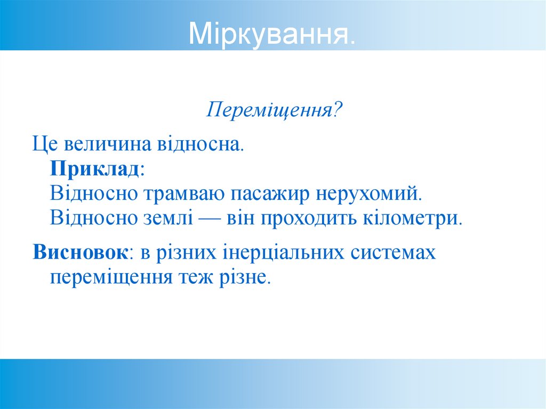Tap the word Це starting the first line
44,144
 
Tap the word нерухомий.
369,193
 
